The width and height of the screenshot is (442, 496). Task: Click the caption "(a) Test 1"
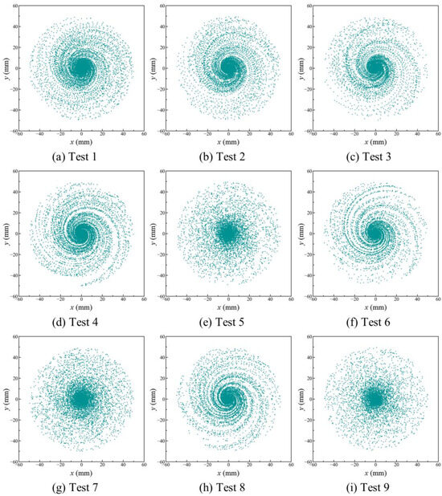81,154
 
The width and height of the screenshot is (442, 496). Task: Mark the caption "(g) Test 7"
81,485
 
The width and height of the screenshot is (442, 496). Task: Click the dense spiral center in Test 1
81,68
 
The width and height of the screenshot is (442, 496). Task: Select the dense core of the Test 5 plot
228,234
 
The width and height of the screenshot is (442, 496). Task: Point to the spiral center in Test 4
81,234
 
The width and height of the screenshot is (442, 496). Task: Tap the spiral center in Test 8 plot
228,399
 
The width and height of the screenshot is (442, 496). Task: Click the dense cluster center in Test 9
374,399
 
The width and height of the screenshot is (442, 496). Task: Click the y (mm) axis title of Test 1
5,68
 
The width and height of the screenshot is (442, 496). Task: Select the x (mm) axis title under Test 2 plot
228,140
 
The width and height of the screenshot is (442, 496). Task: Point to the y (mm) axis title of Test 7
5,399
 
